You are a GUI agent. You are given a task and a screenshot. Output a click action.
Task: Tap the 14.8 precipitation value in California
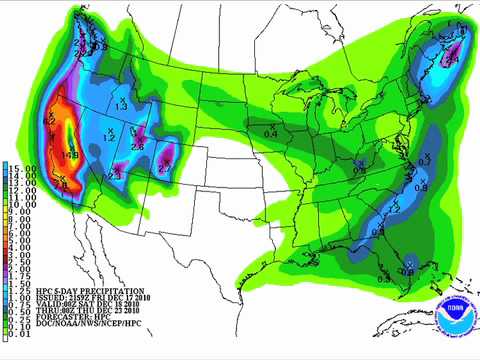click(69, 155)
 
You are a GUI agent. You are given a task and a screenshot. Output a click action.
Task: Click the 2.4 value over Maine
click(451, 60)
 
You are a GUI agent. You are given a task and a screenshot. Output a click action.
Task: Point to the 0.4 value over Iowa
click(270, 133)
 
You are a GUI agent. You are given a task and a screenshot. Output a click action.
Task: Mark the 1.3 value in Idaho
click(120, 105)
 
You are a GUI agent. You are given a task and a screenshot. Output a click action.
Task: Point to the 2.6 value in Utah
click(137, 147)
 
